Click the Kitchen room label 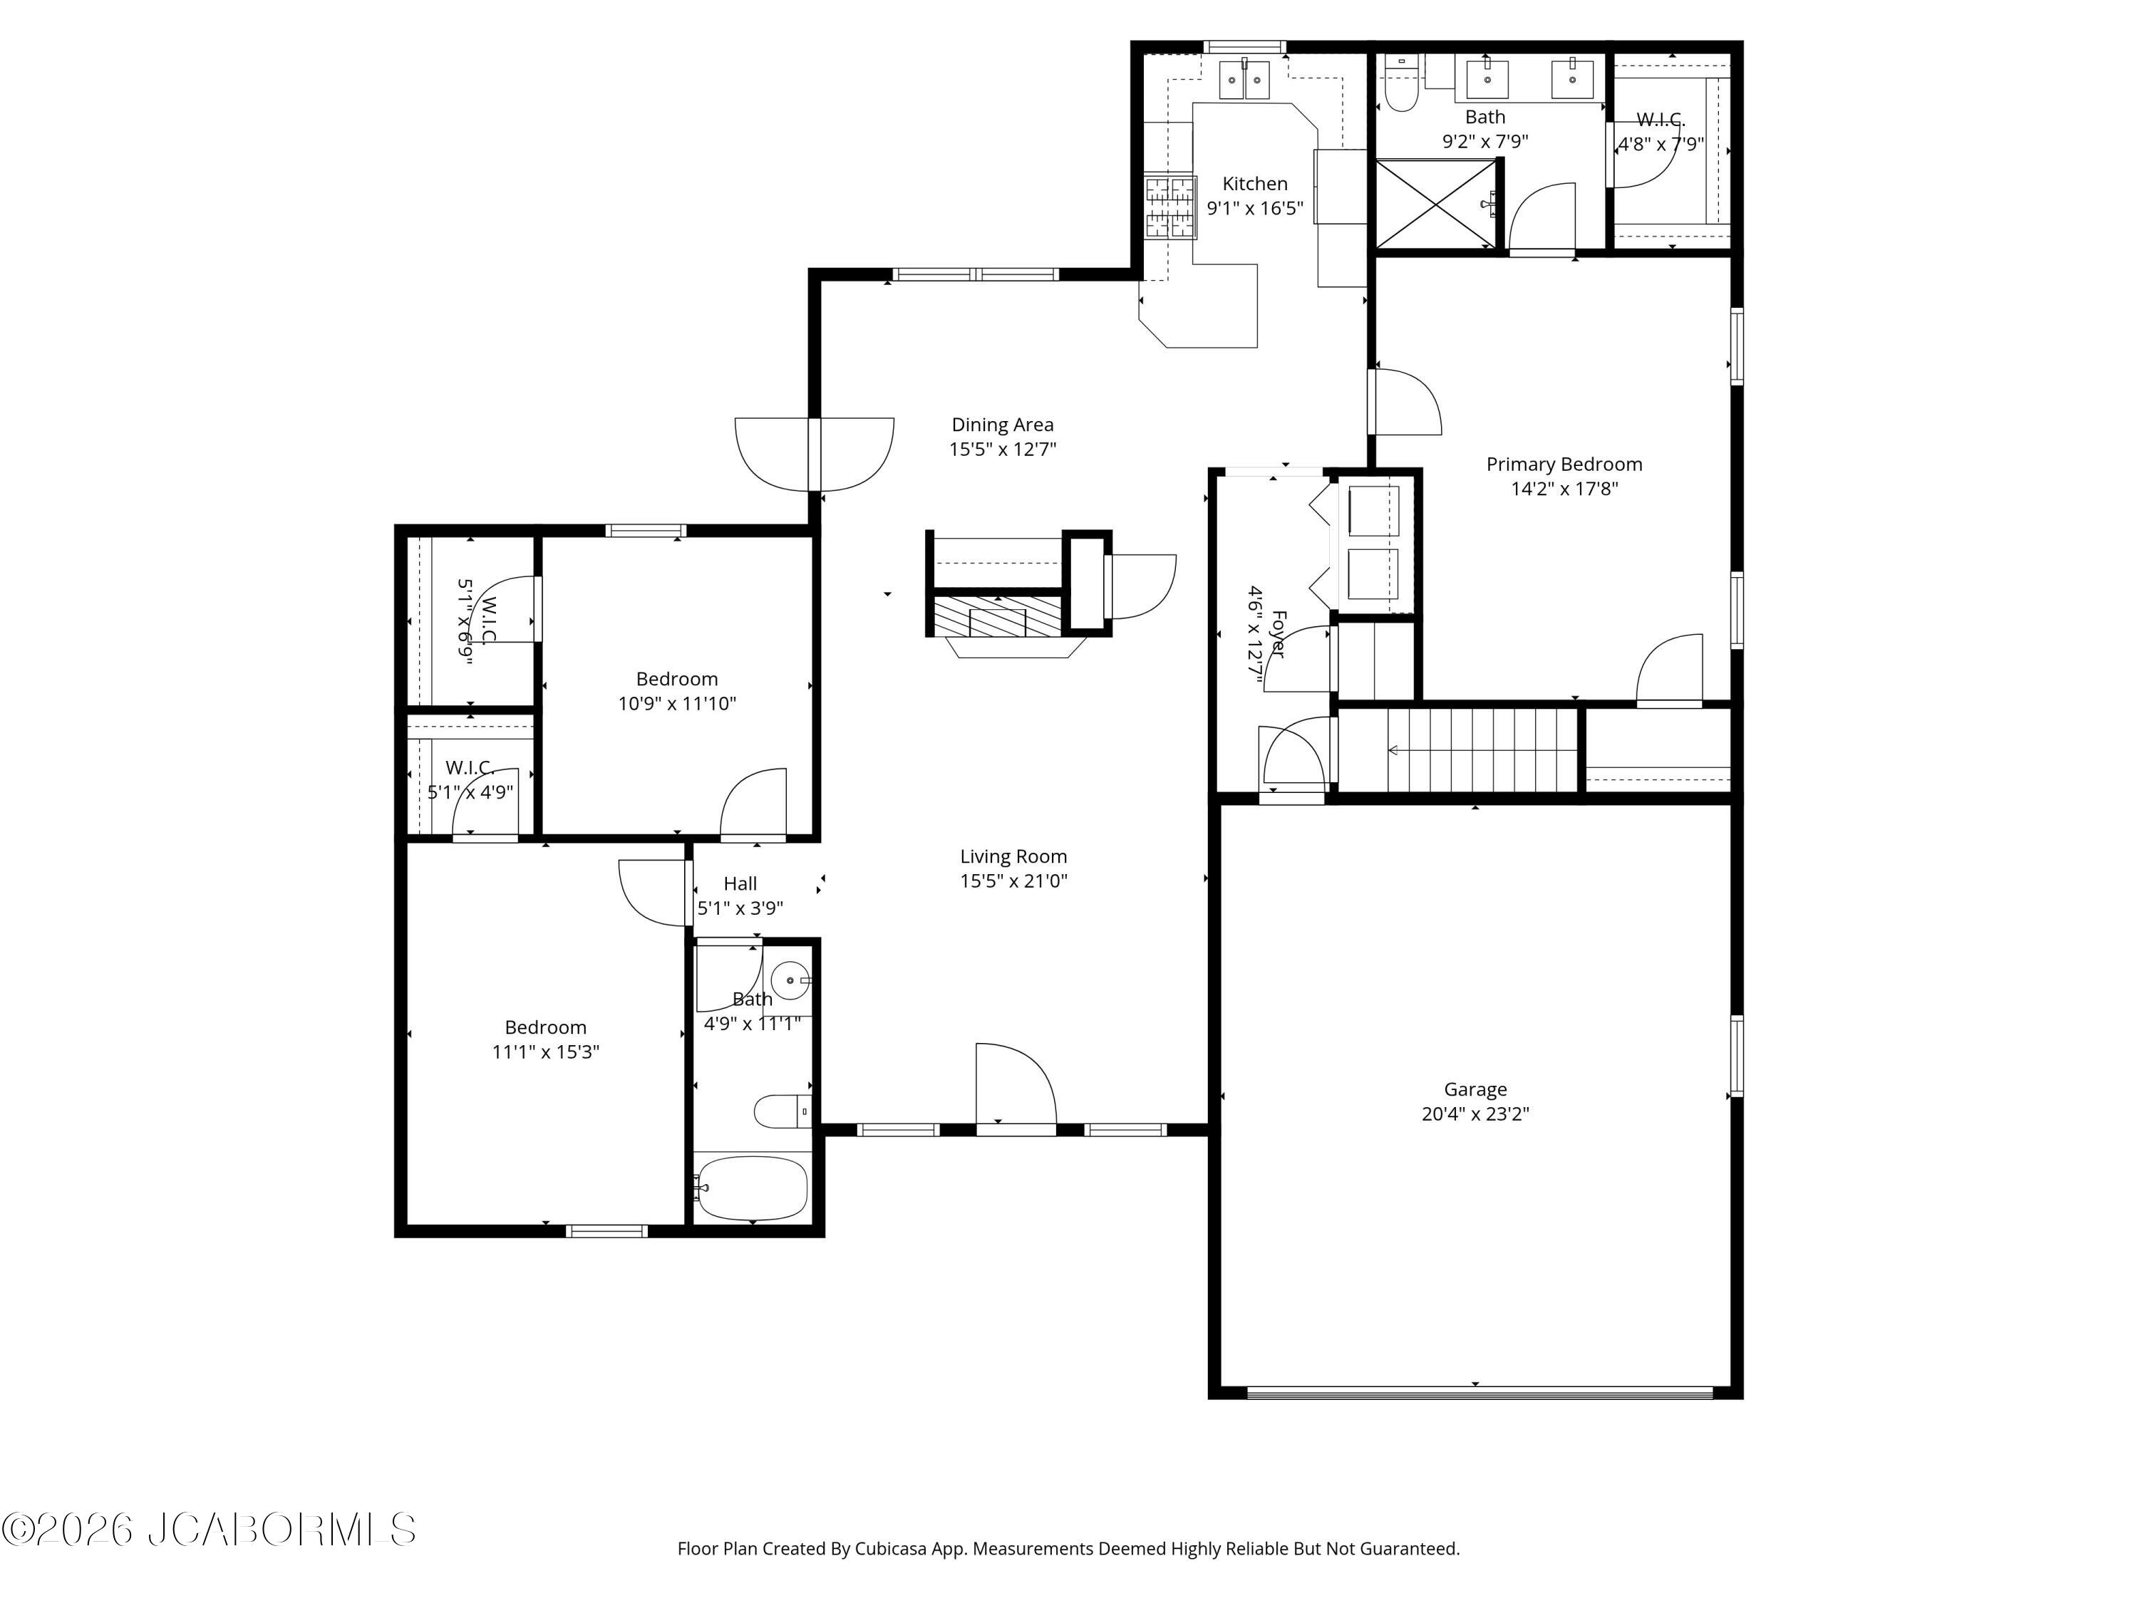[1254, 184]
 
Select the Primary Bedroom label [1564, 465]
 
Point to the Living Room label [1013, 856]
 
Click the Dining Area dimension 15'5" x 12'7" [1002, 450]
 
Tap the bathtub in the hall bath [752, 1188]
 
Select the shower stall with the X [1435, 204]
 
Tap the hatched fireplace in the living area [996, 616]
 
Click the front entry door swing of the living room [1016, 1084]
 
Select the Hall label [740, 883]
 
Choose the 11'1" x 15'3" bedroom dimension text [545, 1052]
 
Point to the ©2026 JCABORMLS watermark [209, 1530]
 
